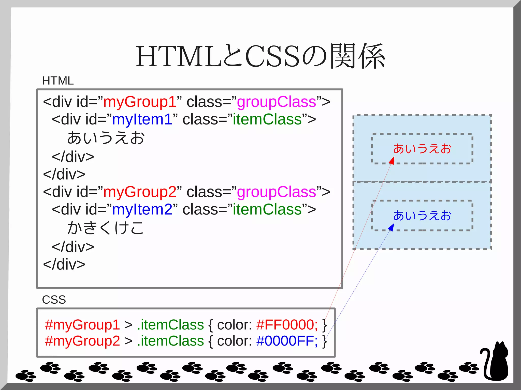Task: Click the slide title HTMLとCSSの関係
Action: [x=260, y=56]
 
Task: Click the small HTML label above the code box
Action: [x=58, y=81]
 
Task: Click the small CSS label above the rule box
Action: [x=54, y=300]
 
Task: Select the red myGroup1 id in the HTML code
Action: [x=140, y=102]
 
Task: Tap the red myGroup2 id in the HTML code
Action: [x=140, y=192]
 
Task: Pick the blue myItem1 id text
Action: [x=142, y=119]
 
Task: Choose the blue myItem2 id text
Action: [x=142, y=210]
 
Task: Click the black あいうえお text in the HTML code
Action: [x=106, y=138]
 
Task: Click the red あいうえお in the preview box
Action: [x=422, y=149]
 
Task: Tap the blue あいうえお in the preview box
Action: [x=422, y=216]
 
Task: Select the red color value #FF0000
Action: [x=287, y=325]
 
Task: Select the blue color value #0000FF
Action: [x=287, y=341]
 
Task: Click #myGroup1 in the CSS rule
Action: [x=82, y=325]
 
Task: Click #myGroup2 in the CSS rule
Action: [x=82, y=341]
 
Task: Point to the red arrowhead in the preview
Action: [x=392, y=161]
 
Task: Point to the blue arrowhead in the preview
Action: [x=392, y=227]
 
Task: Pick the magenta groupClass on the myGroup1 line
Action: [x=277, y=102]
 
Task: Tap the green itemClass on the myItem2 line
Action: [x=267, y=210]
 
